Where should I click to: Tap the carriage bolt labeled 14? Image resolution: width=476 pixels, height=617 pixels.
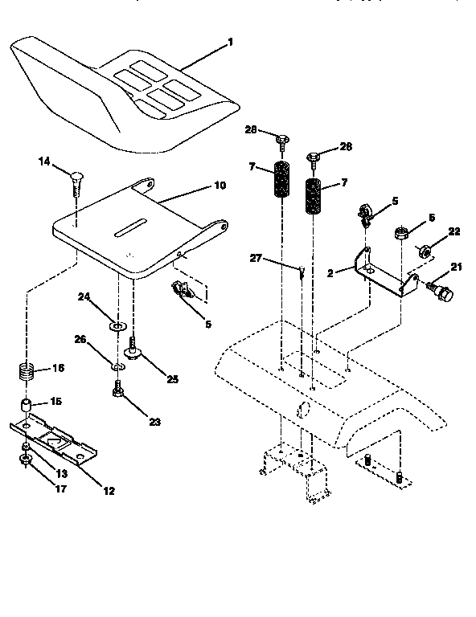76,181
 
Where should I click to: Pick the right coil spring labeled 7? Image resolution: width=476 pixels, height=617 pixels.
314,197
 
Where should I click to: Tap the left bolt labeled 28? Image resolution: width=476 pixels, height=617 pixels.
281,143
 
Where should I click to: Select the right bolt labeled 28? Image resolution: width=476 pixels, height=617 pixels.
314,157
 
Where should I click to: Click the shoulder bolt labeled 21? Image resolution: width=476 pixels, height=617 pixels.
441,291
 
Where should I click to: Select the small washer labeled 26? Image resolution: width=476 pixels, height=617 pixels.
117,367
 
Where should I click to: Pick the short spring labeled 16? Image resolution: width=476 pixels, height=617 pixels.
27,374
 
